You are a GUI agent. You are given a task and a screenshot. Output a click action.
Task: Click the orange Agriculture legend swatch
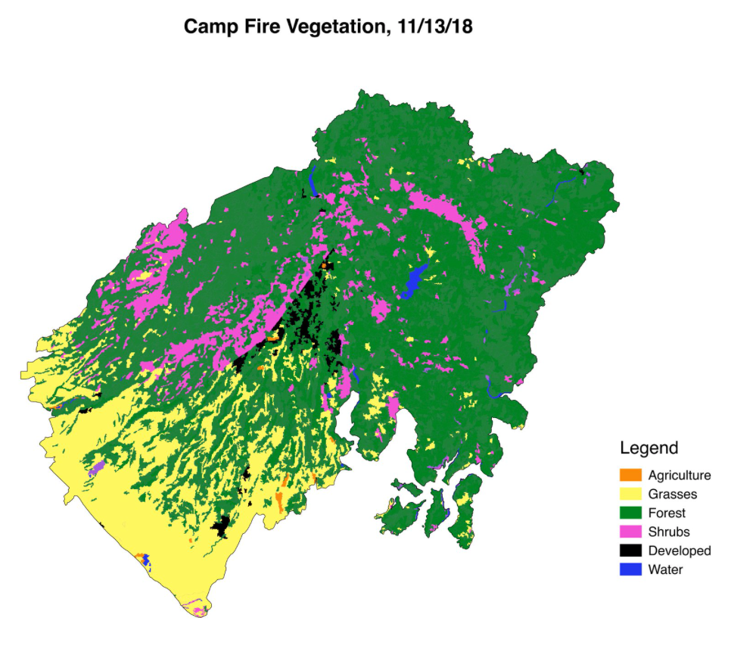pos(630,476)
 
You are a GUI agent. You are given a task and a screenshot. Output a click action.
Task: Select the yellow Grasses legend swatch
pos(630,494)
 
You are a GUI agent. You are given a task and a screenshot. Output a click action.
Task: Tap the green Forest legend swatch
pos(630,513)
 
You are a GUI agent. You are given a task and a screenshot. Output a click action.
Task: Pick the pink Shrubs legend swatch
pos(630,532)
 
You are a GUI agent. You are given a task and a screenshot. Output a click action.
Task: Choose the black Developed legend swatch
pos(630,551)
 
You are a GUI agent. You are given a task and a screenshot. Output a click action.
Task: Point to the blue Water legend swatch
pos(630,569)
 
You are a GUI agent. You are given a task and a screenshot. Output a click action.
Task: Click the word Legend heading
pos(649,447)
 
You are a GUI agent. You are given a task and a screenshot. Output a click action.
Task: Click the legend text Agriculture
pos(680,476)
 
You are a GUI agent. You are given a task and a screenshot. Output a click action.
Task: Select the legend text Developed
pos(680,551)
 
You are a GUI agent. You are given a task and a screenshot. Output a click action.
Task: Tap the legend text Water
pos(665,569)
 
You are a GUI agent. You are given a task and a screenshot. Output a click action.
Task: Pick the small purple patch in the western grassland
pos(95,471)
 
